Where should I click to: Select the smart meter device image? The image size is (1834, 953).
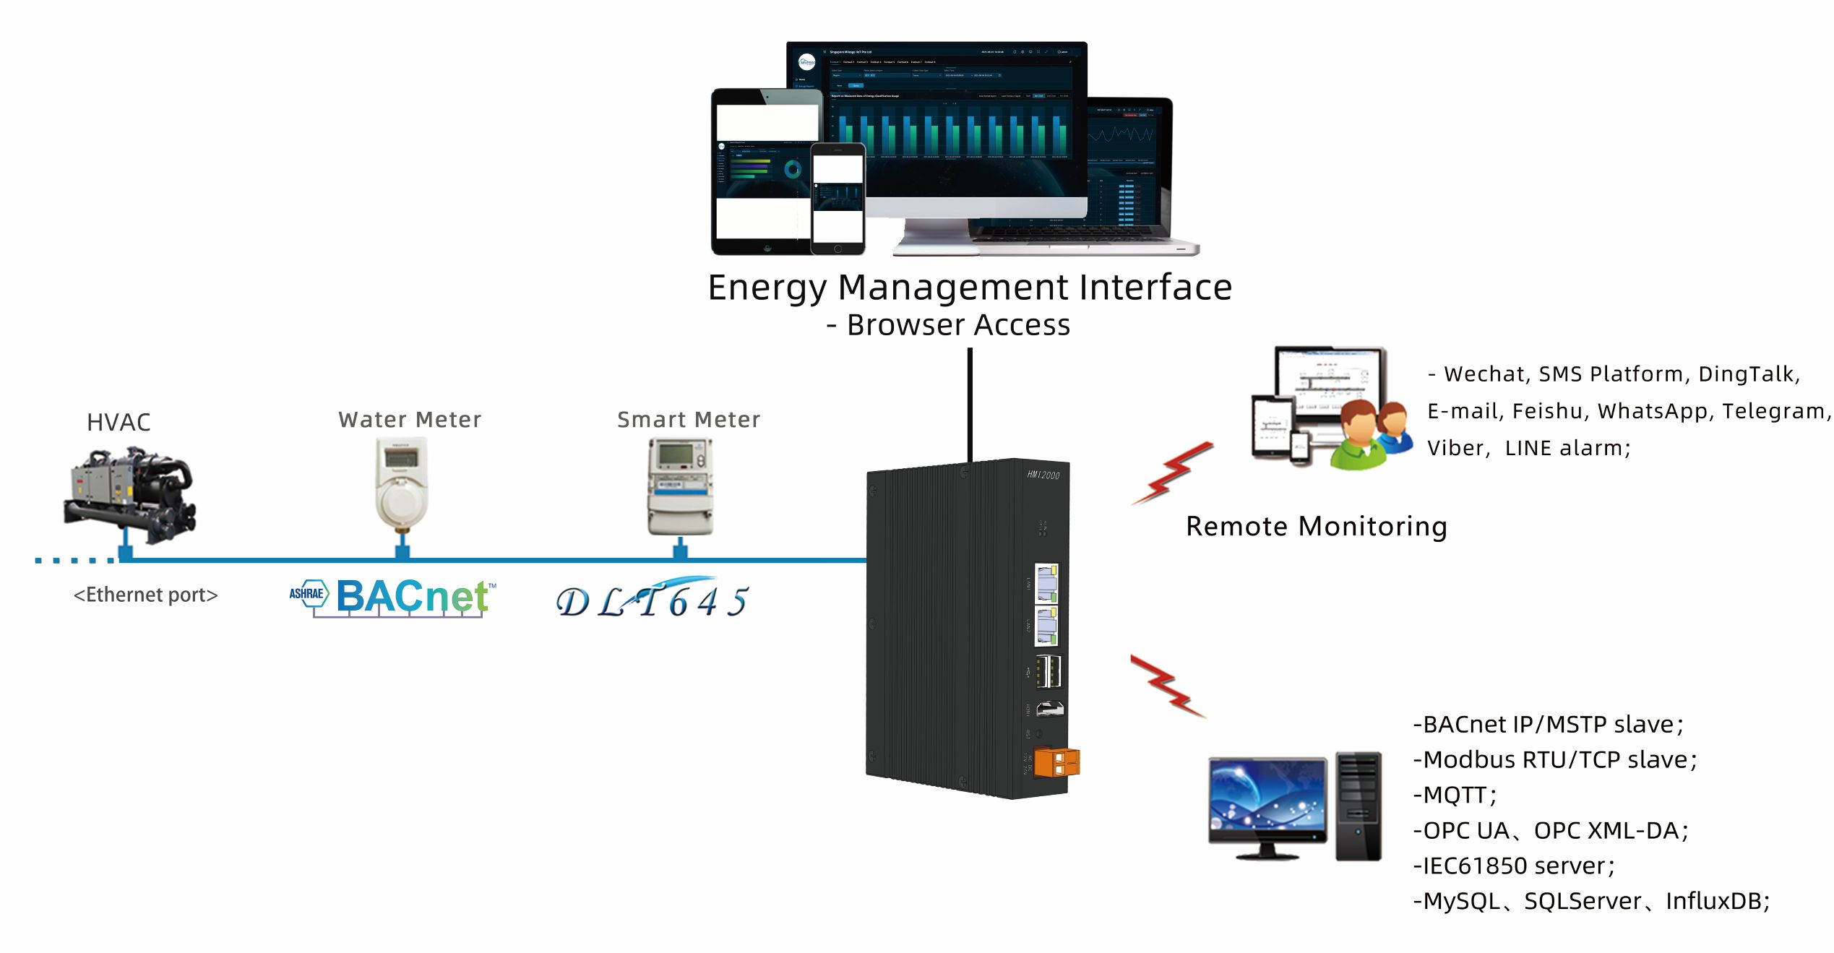(x=679, y=486)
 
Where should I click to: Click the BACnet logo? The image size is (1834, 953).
(x=393, y=598)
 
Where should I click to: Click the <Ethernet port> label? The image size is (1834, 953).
(x=145, y=595)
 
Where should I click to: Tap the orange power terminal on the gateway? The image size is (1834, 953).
(x=1056, y=762)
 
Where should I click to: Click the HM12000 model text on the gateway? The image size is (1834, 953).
(x=1043, y=475)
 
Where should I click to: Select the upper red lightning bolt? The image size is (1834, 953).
(x=1172, y=473)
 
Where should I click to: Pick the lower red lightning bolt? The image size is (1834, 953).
(x=1168, y=685)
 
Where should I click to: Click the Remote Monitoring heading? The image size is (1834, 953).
(x=1316, y=526)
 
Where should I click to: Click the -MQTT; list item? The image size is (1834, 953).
(x=1454, y=795)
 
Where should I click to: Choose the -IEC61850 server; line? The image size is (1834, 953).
(x=1513, y=866)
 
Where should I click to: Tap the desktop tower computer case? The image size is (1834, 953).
(x=1358, y=806)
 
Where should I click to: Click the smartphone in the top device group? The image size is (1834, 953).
(x=838, y=198)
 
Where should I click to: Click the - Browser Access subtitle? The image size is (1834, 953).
(x=948, y=325)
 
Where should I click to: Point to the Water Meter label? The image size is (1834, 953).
(x=410, y=420)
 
